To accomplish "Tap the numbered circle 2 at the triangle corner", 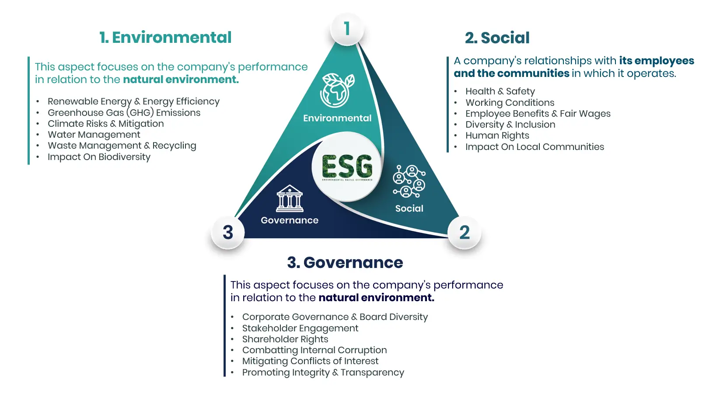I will coord(465,232).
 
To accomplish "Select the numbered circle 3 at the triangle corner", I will coord(228,232).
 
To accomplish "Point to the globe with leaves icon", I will coord(337,90).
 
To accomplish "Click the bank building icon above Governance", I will coord(290,198).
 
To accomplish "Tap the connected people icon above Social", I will coord(409,181).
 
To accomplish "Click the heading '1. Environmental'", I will coord(165,38).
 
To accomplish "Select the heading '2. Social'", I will coord(497,38).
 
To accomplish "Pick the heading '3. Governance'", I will coord(345,263).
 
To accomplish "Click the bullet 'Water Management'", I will coord(94,135).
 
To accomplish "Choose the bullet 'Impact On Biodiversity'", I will coord(99,157).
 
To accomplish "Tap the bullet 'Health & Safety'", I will coord(500,91).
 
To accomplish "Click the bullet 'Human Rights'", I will coord(497,136).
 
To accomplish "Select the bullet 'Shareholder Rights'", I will coord(285,339).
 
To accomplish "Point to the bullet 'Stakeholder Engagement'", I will coord(300,328).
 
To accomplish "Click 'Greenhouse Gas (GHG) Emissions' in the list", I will coord(124,113).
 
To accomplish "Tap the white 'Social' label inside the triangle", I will coord(409,209).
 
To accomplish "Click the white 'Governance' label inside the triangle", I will coord(290,220).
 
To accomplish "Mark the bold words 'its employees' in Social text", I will coord(657,61).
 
